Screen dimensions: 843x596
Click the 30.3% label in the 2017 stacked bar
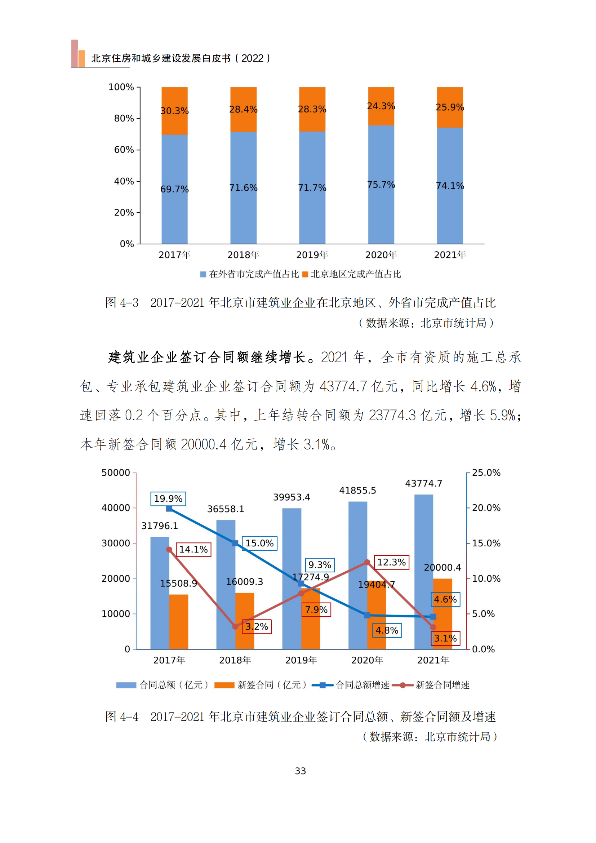click(x=174, y=111)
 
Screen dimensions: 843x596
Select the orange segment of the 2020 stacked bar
click(x=381, y=106)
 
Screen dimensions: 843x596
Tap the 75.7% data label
click(x=381, y=185)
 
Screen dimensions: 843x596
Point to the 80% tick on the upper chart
click(x=124, y=118)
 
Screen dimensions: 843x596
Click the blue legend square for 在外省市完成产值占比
click(x=203, y=274)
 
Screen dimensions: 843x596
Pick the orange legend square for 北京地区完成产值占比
click(x=305, y=274)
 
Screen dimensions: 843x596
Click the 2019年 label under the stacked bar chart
click(x=312, y=255)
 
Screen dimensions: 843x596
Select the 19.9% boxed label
click(x=168, y=498)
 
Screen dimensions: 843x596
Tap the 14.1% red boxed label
click(x=194, y=549)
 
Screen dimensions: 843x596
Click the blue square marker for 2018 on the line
click(x=235, y=543)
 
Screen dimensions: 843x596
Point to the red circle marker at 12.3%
click(x=367, y=563)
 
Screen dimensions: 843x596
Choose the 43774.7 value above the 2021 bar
click(x=423, y=483)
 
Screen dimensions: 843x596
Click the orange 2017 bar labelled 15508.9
click(x=179, y=621)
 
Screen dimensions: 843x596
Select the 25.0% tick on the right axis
click(x=486, y=472)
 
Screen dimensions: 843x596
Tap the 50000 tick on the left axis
click(x=116, y=472)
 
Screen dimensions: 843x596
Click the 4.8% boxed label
click(x=387, y=630)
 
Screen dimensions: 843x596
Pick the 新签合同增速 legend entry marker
click(x=402, y=685)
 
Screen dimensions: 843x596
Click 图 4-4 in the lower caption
click(x=122, y=716)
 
